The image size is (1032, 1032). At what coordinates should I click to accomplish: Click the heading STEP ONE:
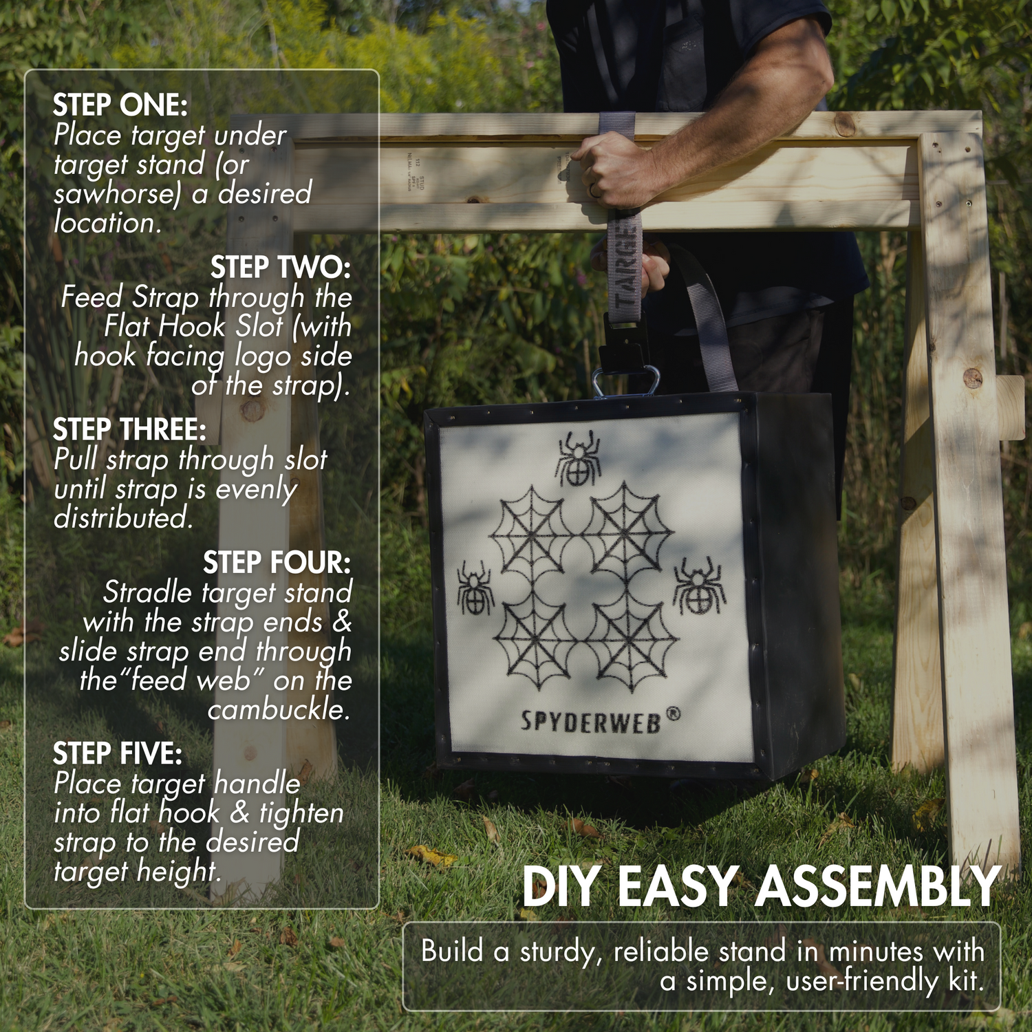[120, 105]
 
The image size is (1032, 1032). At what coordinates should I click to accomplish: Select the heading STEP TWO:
[280, 268]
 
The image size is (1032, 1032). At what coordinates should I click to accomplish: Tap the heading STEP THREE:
[129, 429]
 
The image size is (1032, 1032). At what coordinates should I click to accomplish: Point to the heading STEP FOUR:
[277, 563]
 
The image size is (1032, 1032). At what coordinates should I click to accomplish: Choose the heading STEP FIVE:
[118, 753]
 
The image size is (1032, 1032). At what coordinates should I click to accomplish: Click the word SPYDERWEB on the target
[590, 722]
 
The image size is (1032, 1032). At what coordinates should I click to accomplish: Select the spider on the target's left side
[475, 588]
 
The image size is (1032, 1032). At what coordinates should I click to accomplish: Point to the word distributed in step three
[123, 518]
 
